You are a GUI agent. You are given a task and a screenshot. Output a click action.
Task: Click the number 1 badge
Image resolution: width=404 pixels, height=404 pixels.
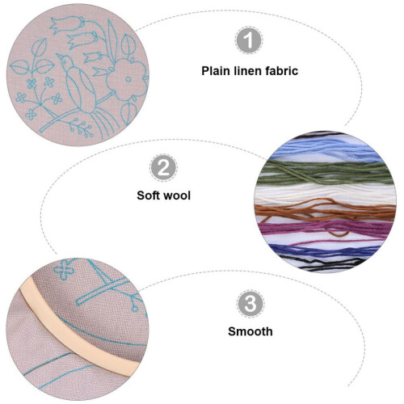pyautogui.click(x=249, y=40)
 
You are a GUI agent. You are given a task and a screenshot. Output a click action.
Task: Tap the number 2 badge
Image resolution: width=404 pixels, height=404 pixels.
pyautogui.click(x=163, y=168)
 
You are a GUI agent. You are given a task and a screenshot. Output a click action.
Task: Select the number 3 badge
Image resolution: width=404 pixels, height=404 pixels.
pyautogui.click(x=250, y=304)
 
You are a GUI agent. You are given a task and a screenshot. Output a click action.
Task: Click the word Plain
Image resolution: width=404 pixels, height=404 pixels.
pyautogui.click(x=216, y=71)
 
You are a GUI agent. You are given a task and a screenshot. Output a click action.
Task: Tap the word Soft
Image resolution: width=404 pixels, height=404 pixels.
pyautogui.click(x=149, y=196)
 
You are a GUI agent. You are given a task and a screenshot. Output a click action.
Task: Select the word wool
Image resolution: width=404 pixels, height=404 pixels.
pyautogui.click(x=177, y=196)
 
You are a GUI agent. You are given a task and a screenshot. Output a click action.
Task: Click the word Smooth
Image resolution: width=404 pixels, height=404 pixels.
pyautogui.click(x=250, y=331)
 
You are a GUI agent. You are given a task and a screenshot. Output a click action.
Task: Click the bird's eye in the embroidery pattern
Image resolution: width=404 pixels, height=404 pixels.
pyautogui.click(x=65, y=61)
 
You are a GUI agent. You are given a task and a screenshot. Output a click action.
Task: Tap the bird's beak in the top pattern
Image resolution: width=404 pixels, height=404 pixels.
pyautogui.click(x=58, y=55)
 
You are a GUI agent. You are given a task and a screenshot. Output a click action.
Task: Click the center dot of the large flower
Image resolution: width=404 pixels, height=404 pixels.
pyautogui.click(x=128, y=79)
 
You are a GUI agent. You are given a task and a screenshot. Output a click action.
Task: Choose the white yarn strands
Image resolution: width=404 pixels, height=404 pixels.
pyautogui.click(x=325, y=193)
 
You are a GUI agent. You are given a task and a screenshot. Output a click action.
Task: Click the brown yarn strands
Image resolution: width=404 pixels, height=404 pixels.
pyautogui.click(x=325, y=212)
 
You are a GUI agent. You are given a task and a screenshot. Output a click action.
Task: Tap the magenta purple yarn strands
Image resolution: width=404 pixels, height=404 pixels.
pyautogui.click(x=325, y=229)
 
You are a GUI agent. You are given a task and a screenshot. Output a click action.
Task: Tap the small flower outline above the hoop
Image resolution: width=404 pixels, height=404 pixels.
pyautogui.click(x=64, y=269)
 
